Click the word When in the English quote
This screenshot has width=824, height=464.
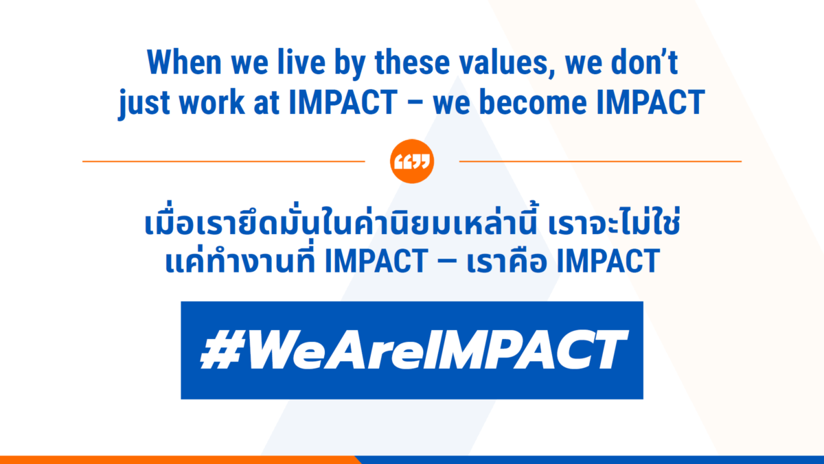184,62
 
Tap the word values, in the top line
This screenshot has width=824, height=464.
507,63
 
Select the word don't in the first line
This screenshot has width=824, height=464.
645,62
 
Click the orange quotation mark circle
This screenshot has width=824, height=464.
412,161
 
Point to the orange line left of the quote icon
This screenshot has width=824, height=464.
224,161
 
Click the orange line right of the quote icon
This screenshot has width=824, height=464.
600,161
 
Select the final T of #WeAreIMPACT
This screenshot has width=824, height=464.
606,349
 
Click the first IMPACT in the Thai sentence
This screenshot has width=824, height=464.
376,261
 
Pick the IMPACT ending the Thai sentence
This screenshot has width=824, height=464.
608,261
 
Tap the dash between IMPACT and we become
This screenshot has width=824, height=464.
415,104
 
